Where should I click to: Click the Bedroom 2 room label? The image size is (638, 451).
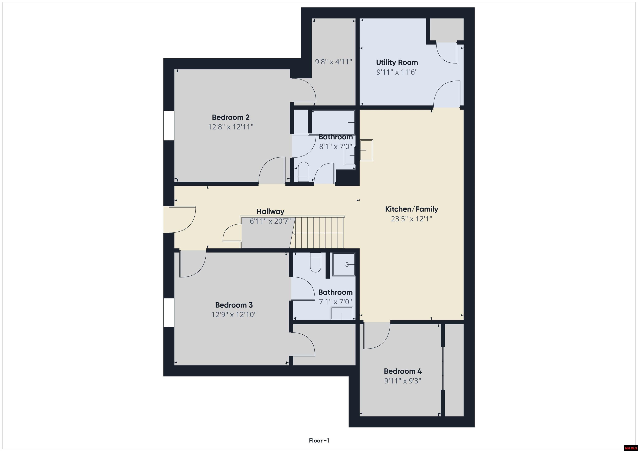coord(231,117)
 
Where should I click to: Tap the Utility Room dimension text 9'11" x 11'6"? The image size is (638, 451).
coord(397,72)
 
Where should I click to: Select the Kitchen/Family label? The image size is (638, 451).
coord(412,209)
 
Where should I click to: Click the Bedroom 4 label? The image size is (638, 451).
coord(403,371)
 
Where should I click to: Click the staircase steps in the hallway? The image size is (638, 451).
coord(319,232)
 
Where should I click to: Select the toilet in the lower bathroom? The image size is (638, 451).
coord(315,262)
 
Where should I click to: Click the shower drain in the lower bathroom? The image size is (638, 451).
coord(347,264)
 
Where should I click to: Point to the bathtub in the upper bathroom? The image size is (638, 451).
coord(333,122)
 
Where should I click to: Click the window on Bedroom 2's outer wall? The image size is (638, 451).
coord(169,126)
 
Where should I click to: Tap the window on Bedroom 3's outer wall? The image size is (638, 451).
coord(169,312)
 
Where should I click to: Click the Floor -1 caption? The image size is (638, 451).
coord(319,440)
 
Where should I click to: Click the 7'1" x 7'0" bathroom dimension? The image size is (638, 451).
coord(335,302)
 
